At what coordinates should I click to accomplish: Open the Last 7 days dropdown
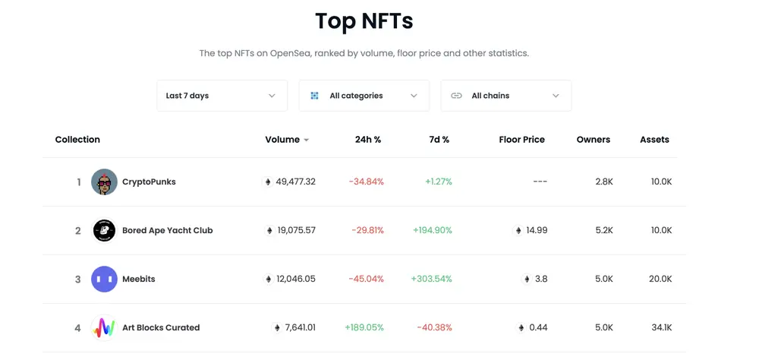pos(222,96)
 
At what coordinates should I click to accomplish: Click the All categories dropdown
pos(364,96)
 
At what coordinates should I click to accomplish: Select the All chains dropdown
pos(505,96)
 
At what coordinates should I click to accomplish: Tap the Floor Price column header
pos(521,140)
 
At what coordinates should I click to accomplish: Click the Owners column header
pos(593,140)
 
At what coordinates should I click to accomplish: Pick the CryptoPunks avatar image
pos(104,182)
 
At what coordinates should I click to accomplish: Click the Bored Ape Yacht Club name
pos(167,231)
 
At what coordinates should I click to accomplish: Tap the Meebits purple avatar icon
pos(104,279)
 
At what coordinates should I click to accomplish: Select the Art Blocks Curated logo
pos(104,328)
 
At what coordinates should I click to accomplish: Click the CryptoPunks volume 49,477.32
pos(295,182)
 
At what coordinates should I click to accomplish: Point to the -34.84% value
pos(366,182)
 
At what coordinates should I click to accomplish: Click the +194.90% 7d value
pos(432,231)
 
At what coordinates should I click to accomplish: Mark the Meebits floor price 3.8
pos(540,279)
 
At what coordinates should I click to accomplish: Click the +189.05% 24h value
pos(364,328)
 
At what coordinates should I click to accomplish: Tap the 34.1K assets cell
pos(661,328)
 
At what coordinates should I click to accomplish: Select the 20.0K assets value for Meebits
pos(660,279)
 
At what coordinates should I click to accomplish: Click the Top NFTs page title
pos(364,21)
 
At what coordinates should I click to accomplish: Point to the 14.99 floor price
pos(536,231)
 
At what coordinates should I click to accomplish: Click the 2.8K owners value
pos(603,182)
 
